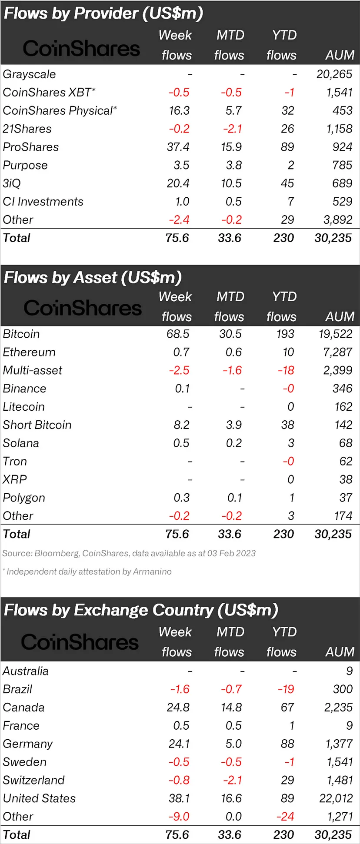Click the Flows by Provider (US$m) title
coord(103,13)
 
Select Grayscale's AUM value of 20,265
coord(334,74)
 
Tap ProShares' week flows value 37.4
coord(178,147)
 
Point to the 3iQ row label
coord(12,183)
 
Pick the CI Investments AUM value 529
coord(342,202)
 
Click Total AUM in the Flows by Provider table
coord(333,238)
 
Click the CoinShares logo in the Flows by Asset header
coord(83,308)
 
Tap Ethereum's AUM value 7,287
coord(337,352)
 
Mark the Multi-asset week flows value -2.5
coord(179,371)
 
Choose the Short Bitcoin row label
coord(37,425)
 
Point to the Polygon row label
coord(24,498)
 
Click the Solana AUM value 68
coord(346,443)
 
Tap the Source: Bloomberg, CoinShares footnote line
coord(129,553)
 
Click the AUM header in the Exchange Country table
coord(340,652)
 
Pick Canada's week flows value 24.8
coord(178,708)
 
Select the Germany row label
coord(27,744)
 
